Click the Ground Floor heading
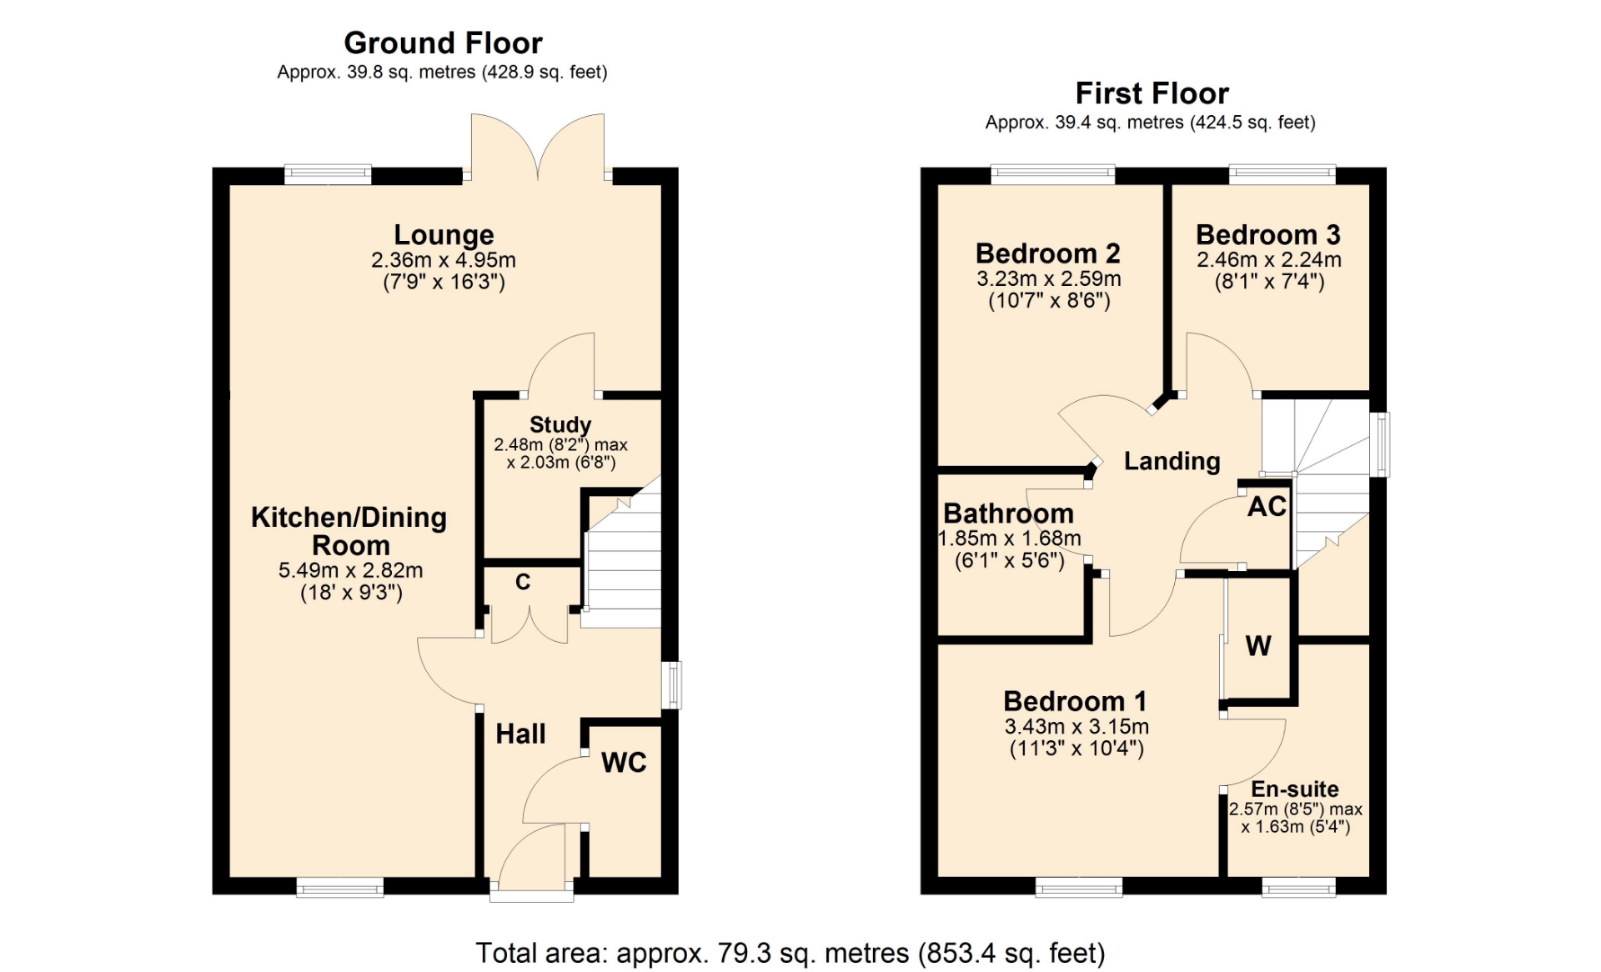tap(443, 43)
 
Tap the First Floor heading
tap(1152, 93)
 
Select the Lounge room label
tap(444, 235)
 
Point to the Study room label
tap(560, 424)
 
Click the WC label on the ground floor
tap(624, 762)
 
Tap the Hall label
tap(520, 734)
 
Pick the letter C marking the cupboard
tap(523, 582)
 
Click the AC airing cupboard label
tap(1267, 506)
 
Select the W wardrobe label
tap(1258, 645)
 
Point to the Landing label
tap(1172, 461)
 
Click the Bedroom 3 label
tap(1268, 235)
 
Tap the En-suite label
tap(1295, 789)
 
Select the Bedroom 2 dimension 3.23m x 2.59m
tap(1049, 278)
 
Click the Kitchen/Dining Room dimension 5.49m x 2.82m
tap(350, 570)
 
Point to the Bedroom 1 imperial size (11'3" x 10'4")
tap(1077, 749)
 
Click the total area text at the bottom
tap(790, 952)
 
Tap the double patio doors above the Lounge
tap(538, 147)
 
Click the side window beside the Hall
tap(672, 685)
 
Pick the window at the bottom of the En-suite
tap(1298, 887)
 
